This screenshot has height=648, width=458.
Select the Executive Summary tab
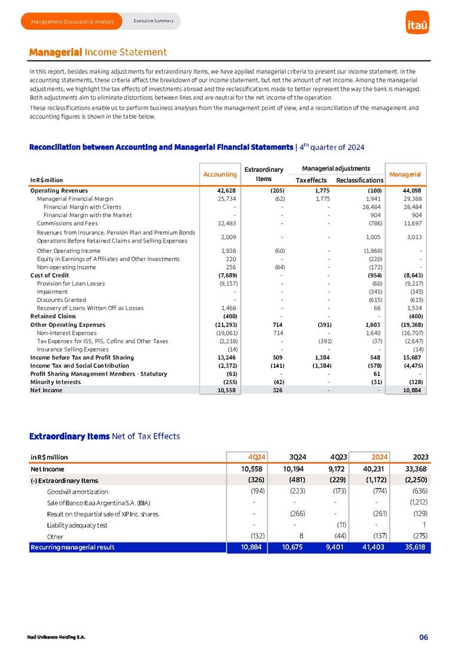coord(153,21)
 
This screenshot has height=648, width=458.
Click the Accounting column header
coord(221,174)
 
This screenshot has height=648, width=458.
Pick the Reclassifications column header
coord(359,180)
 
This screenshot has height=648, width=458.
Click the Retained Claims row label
coord(53,316)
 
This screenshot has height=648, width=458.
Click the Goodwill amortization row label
coord(78,491)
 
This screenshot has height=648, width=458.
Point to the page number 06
coord(423,637)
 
